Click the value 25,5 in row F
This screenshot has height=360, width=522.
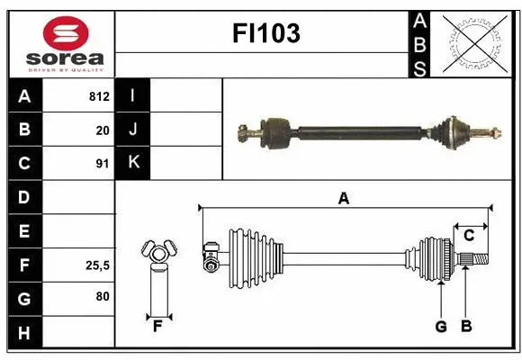97,265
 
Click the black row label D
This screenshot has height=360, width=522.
24,197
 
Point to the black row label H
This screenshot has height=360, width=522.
24,333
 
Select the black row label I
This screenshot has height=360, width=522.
133,95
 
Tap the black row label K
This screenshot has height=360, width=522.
133,163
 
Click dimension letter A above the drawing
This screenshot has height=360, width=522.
343,199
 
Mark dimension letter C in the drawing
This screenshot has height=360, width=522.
470,236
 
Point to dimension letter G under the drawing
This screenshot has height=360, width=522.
441,327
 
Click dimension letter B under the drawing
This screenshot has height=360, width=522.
465,327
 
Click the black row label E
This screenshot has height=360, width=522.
24,231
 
